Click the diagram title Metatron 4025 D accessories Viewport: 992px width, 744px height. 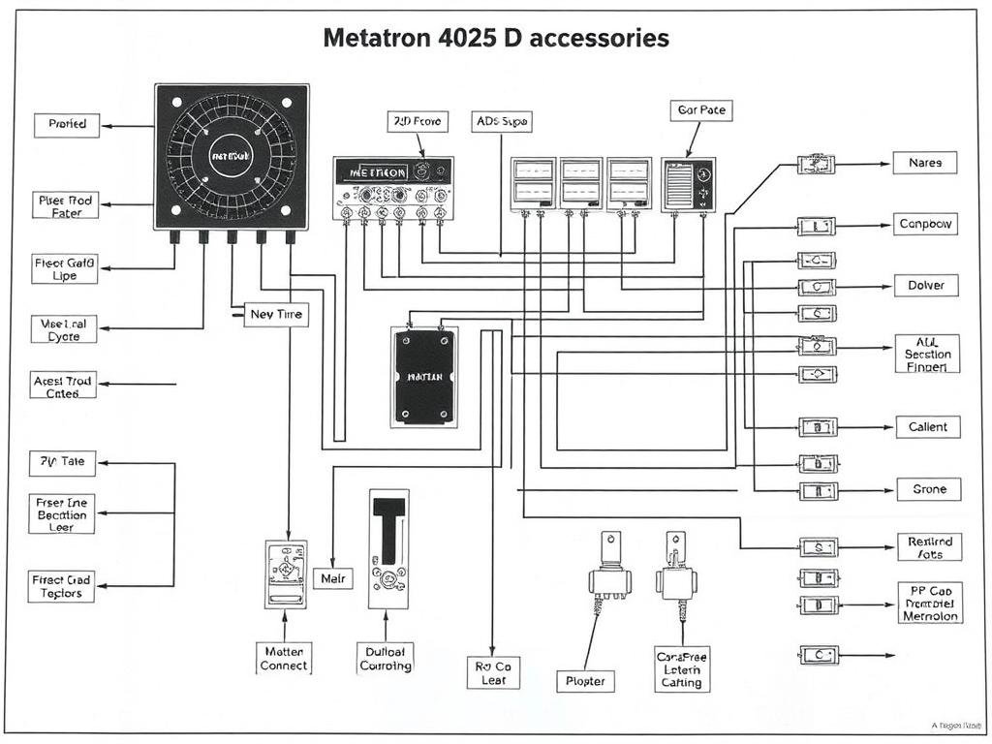coord(495,39)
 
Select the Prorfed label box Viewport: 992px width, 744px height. coord(67,125)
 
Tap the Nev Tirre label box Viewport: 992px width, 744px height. coord(276,314)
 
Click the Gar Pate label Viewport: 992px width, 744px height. coord(700,110)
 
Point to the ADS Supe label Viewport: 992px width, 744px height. coord(502,121)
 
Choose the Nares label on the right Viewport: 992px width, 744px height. coord(924,163)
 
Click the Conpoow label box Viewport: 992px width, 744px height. coord(925,224)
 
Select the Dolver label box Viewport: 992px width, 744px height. coord(925,286)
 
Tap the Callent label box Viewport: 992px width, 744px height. coord(927,426)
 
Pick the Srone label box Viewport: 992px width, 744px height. coord(928,489)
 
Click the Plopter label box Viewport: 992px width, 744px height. coord(585,681)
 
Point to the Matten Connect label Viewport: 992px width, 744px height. coord(284,658)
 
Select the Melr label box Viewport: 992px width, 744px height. coord(332,579)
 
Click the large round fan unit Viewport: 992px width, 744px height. coord(232,156)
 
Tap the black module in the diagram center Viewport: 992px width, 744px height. coord(424,376)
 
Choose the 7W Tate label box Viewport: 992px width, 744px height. coord(63,462)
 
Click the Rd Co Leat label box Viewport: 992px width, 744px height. coord(493,673)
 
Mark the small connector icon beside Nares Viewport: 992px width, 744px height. coord(816,165)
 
